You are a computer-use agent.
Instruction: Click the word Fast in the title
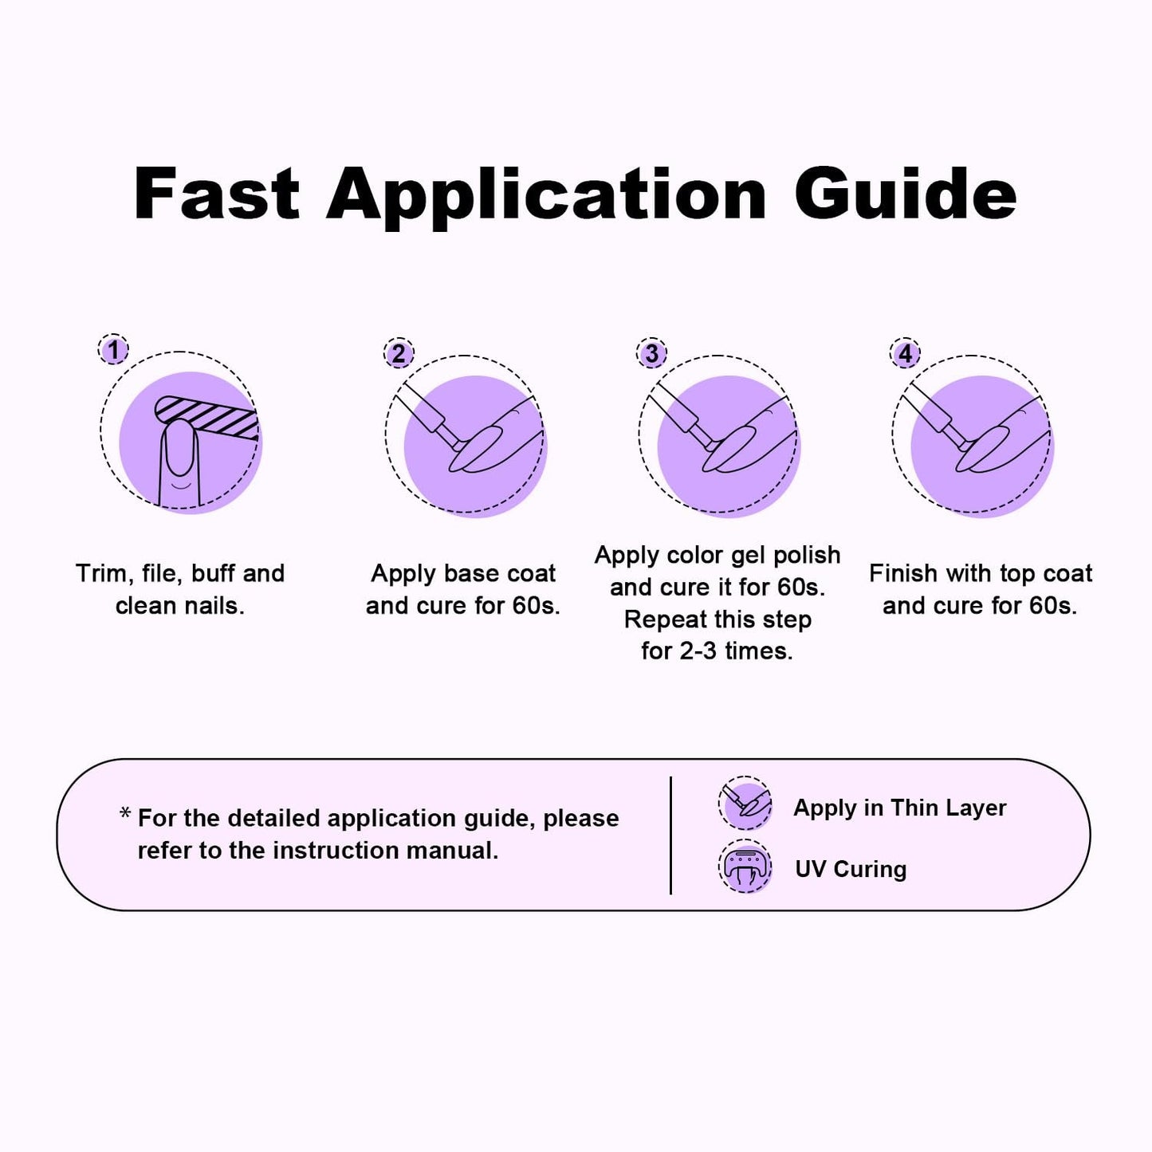pyautogui.click(x=217, y=194)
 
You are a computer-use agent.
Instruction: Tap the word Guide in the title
pyautogui.click(x=905, y=194)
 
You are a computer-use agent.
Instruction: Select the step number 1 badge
pyautogui.click(x=113, y=350)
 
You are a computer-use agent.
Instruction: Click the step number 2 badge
pyautogui.click(x=399, y=354)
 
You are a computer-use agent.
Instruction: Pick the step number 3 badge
pyautogui.click(x=651, y=354)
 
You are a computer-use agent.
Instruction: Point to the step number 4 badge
pyautogui.click(x=905, y=354)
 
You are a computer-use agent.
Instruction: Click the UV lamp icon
pyautogui.click(x=745, y=867)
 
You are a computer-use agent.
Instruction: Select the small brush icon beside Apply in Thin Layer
pyautogui.click(x=745, y=804)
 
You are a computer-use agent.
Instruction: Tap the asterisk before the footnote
pyautogui.click(x=125, y=814)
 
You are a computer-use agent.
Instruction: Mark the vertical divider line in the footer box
pyautogui.click(x=670, y=835)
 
